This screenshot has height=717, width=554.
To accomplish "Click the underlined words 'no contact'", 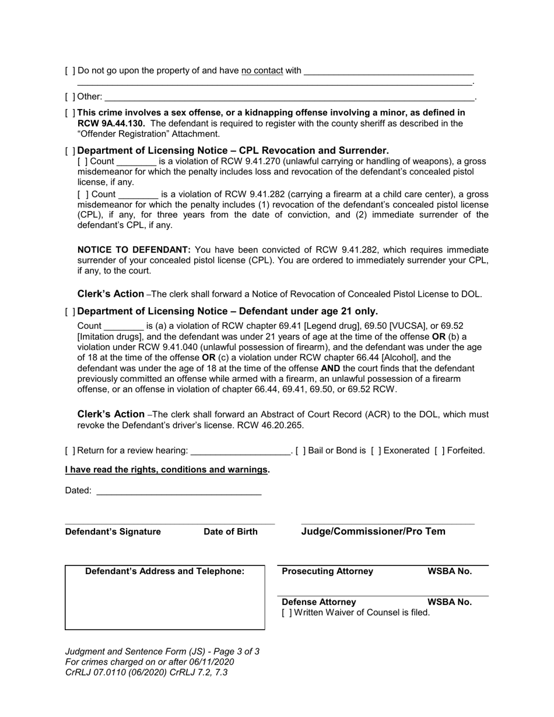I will click(262, 71).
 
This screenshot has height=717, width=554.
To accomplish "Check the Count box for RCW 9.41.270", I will click(82, 161).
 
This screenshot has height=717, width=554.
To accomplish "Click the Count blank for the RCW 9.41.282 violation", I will click(138, 194).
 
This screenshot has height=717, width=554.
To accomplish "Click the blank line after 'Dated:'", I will click(178, 491).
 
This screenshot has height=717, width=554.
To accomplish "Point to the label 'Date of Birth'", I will click(230, 532).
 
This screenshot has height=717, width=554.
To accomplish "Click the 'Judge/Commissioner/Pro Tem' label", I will click(373, 531).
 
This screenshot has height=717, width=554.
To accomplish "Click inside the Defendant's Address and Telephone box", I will click(164, 603).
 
